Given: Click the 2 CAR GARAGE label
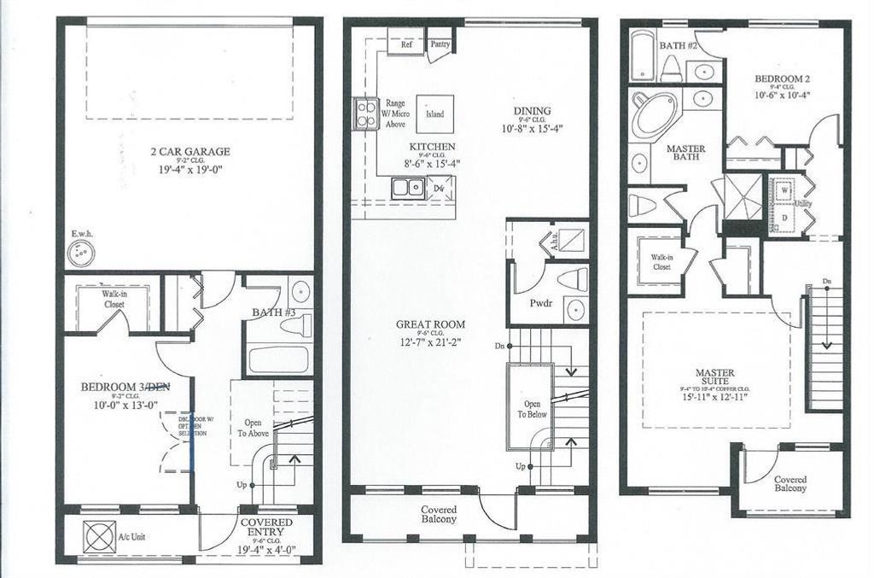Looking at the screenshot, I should (189, 152).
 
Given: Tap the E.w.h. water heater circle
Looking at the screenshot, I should (81, 252).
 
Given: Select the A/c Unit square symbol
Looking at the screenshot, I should (94, 537).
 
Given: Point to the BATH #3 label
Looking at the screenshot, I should (273, 313).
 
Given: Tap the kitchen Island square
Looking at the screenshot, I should (434, 114).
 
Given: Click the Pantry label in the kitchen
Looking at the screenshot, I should (440, 44).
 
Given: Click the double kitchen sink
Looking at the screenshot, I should (407, 188).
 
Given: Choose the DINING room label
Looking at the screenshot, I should (532, 110).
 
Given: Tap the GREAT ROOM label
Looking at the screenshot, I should (430, 324).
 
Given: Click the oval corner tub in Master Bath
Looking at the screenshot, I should (654, 114).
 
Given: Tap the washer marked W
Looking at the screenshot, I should (783, 192).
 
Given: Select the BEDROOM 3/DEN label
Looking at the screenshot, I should (125, 387).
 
